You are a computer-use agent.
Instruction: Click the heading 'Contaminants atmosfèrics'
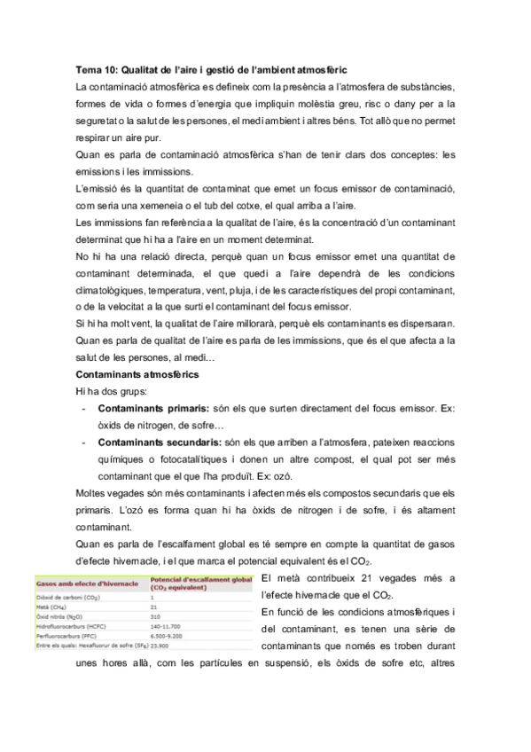(137, 375)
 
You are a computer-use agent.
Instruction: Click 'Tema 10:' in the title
(96, 68)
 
